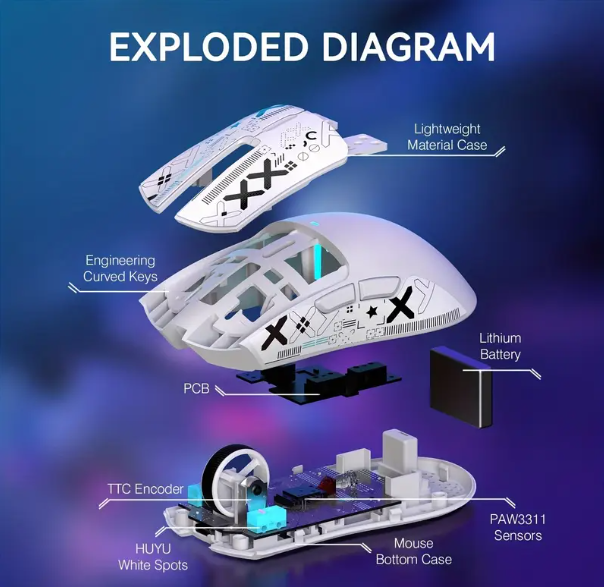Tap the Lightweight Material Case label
pyautogui.click(x=447, y=137)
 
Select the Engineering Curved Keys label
pyautogui.click(x=120, y=268)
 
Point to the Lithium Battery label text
pyautogui.click(x=499, y=346)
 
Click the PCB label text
pyautogui.click(x=196, y=387)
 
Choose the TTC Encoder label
pyautogui.click(x=145, y=489)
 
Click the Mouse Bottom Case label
pyautogui.click(x=414, y=552)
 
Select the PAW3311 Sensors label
pyautogui.click(x=517, y=527)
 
